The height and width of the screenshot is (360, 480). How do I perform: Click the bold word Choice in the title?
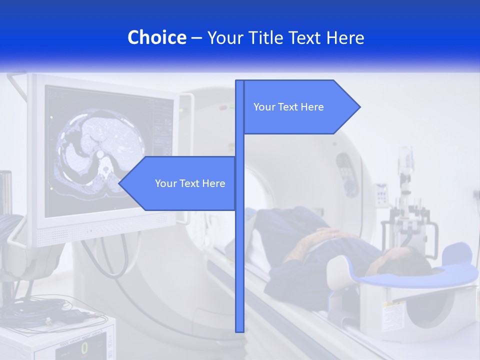point(156,37)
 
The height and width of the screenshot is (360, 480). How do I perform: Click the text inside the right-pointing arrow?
point(288,107)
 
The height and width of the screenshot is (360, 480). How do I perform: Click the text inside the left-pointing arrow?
point(190,183)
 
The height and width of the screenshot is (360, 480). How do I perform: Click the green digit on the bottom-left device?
point(84,348)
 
